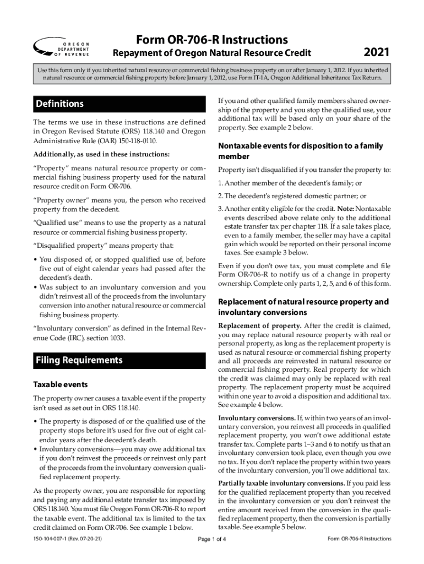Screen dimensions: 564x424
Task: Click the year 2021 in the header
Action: pos(377,53)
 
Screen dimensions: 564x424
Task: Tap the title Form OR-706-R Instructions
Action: pos(211,40)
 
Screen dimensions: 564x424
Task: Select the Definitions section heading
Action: pos(59,104)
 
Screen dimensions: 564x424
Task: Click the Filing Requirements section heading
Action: pos(79,360)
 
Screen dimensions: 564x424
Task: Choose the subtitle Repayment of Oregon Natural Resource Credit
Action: pos(211,53)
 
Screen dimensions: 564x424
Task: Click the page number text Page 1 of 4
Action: pos(212,539)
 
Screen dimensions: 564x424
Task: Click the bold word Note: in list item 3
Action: pos(345,209)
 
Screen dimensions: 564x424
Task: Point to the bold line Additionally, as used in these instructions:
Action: pos(101,154)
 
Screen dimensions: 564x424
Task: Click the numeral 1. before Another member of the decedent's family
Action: pos(220,183)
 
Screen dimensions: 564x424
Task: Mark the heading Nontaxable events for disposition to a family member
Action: pos(301,151)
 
